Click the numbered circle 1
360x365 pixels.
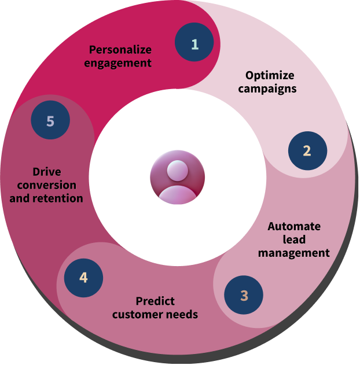194,42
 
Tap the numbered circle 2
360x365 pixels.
307,150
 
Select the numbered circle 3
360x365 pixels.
244,295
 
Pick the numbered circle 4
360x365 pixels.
83,278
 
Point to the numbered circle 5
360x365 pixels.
50,120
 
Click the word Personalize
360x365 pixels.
120,50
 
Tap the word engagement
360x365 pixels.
118,63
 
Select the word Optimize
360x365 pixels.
270,75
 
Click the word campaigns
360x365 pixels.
267,89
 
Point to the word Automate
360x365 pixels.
294,227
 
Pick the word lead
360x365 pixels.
294,239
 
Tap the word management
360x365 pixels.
294,253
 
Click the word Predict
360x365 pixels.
155,301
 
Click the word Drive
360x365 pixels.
47,172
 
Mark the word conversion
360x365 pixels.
46,185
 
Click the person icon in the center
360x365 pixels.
178,178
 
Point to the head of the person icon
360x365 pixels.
178,171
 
